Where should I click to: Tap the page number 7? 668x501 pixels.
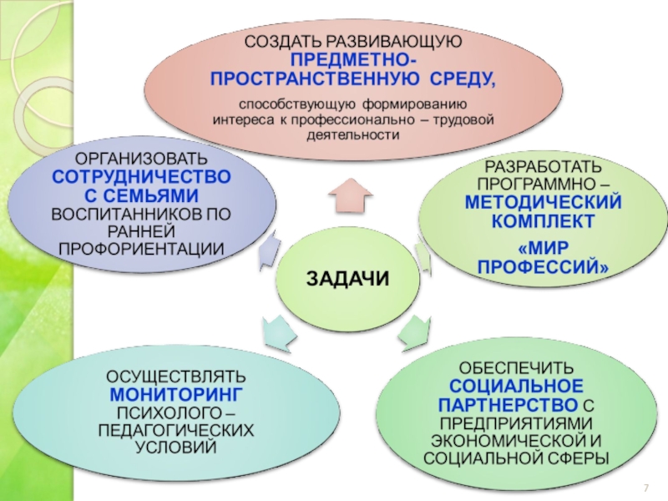[x=645, y=488]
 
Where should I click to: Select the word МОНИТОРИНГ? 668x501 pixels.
[x=175, y=392]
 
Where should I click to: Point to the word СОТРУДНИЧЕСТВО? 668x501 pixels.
[x=141, y=177]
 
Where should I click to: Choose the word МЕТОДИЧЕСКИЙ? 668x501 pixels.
[x=544, y=203]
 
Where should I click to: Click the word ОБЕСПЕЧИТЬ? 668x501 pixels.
[x=516, y=367]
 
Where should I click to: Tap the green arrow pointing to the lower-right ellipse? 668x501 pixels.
[x=412, y=331]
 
